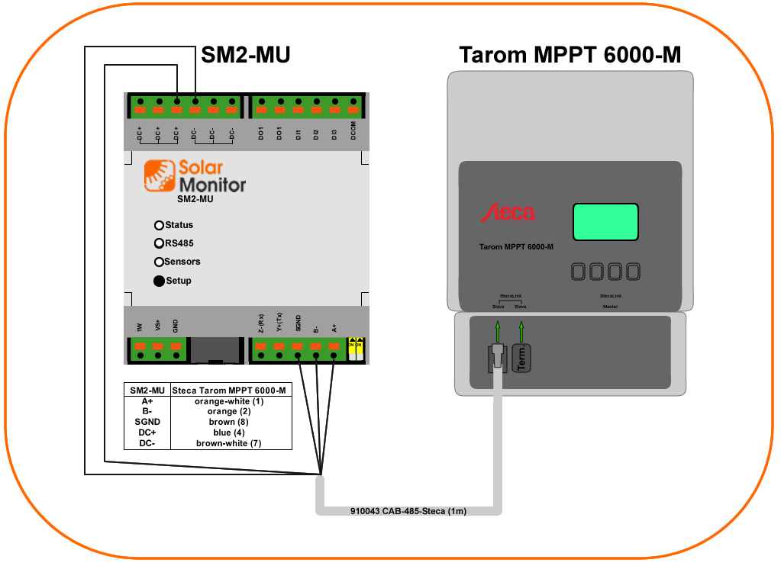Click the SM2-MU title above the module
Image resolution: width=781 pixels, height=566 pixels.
click(245, 55)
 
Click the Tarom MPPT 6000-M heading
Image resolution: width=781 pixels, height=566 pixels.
click(570, 55)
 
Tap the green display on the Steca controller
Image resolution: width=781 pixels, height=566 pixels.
click(605, 223)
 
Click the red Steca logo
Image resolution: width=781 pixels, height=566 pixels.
click(508, 213)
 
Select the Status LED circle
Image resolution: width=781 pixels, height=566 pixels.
click(159, 225)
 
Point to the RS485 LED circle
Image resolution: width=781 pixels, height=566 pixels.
click(159, 244)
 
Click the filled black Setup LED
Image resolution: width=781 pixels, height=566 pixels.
click(159, 281)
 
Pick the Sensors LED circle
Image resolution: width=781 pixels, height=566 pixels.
click(159, 262)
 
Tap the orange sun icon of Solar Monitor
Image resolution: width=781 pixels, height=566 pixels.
click(160, 175)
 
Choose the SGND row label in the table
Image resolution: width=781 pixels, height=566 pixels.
click(147, 422)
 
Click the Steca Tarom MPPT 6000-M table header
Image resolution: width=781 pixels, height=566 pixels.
click(229, 390)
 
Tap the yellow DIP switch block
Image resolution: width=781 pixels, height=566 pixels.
click(355, 349)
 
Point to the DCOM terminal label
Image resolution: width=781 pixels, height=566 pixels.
click(353, 130)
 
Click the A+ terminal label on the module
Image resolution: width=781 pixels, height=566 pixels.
click(334, 327)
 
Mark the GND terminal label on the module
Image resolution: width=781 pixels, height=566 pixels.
click(176, 327)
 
